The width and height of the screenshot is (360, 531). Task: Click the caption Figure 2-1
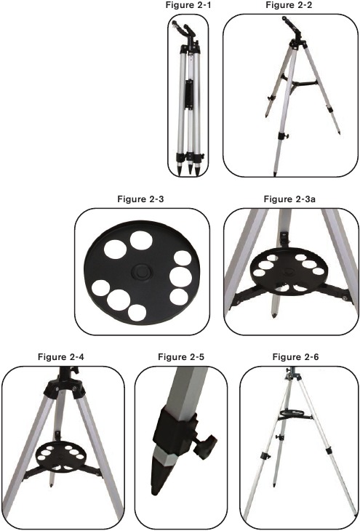pos(188,5)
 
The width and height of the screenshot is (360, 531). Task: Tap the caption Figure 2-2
pos(289,5)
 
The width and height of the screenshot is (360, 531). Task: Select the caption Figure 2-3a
pos(289,199)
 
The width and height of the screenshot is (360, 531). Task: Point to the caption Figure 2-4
pos(61,356)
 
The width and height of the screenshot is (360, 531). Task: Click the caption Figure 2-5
pos(181,356)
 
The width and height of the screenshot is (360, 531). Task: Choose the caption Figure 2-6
pos(296,356)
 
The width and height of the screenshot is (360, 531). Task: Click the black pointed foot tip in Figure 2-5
pos(160,477)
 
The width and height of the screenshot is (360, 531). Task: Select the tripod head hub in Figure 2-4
pos(64,388)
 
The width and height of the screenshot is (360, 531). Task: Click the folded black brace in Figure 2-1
pos(190,95)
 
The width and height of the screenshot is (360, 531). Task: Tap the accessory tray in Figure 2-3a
pos(289,268)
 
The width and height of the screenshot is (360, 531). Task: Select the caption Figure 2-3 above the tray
pos(140,199)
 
